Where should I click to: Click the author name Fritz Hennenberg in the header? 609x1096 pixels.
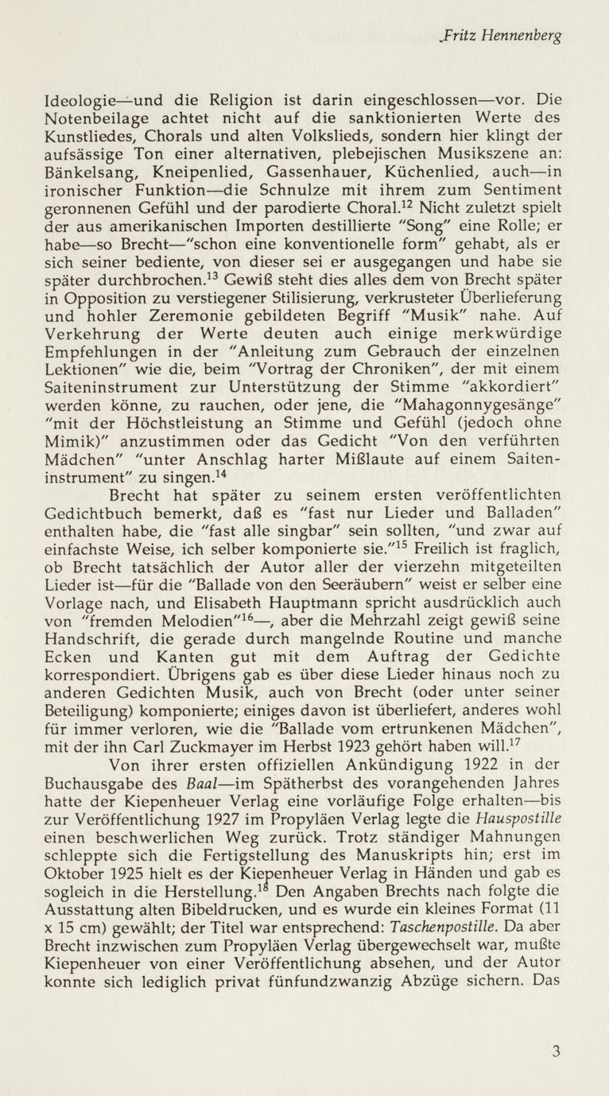click(x=503, y=37)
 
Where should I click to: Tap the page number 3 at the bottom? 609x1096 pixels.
click(x=556, y=1051)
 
